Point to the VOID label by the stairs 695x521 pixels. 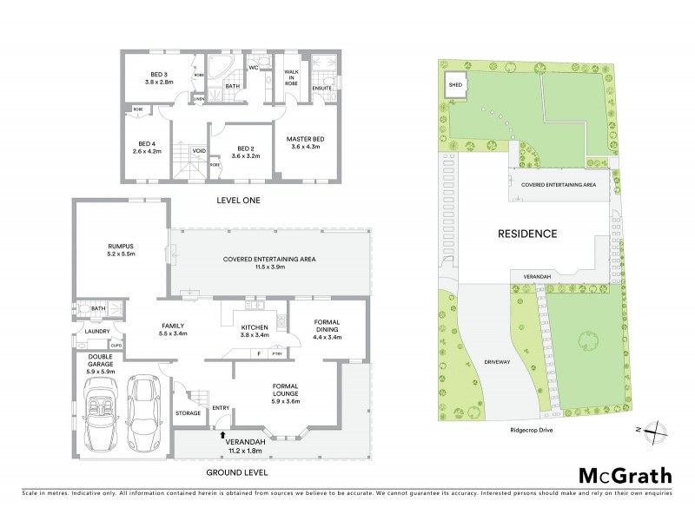coord(199,148)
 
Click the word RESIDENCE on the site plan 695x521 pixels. coord(526,234)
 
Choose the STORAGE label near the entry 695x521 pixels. coord(188,413)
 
